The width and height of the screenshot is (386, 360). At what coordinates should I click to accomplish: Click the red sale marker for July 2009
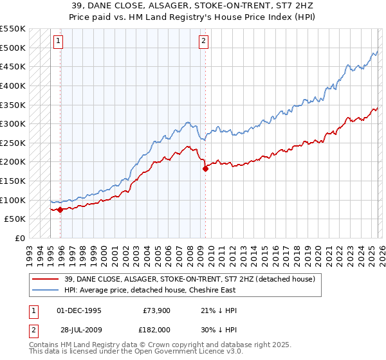click(x=205, y=169)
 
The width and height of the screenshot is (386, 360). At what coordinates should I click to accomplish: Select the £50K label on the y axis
click(x=15, y=219)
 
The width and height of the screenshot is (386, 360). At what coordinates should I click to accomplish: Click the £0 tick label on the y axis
click(x=21, y=238)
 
